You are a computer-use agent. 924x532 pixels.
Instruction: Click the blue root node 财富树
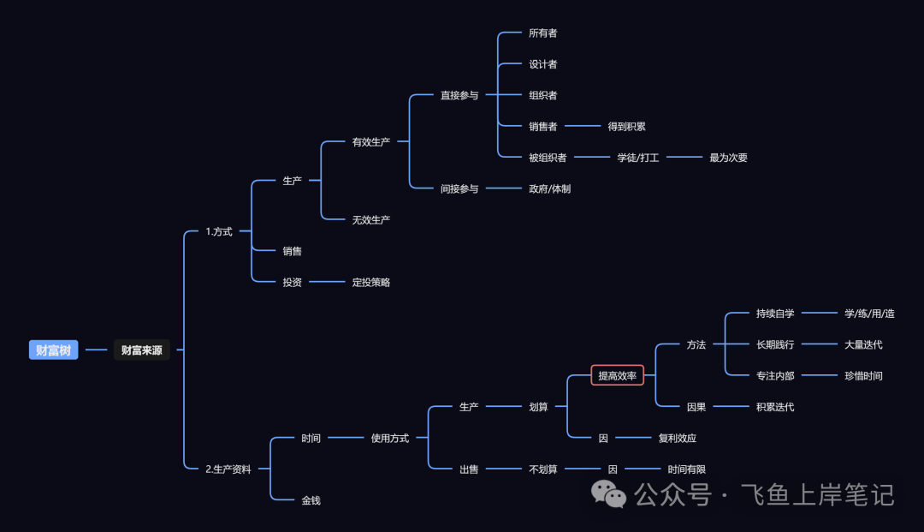point(53,350)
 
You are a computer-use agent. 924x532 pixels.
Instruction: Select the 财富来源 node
point(141,350)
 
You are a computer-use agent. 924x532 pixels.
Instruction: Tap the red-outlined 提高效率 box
point(617,375)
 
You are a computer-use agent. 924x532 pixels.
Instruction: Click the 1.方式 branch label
point(219,231)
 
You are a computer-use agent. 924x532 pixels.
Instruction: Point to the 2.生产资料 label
point(228,469)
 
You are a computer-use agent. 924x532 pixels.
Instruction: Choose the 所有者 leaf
point(542,33)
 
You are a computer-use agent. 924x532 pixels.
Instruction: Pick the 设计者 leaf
point(542,64)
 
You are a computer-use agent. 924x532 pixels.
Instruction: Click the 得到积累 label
point(626,126)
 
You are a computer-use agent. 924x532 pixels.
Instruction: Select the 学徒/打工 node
point(638,158)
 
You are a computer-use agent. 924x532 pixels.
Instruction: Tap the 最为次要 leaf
point(728,158)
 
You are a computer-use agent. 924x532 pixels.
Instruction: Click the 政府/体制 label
point(549,188)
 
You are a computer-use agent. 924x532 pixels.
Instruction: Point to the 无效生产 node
point(370,219)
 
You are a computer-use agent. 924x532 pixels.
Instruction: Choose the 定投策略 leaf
point(370,282)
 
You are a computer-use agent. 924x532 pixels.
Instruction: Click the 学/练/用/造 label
point(869,314)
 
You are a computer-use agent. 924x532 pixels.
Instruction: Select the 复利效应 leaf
point(677,438)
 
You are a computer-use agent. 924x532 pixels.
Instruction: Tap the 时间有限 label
point(686,469)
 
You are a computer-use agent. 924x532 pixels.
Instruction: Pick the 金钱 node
point(311,499)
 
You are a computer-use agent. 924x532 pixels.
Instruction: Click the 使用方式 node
point(389,438)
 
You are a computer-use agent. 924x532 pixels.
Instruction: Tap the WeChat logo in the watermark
point(610,494)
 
